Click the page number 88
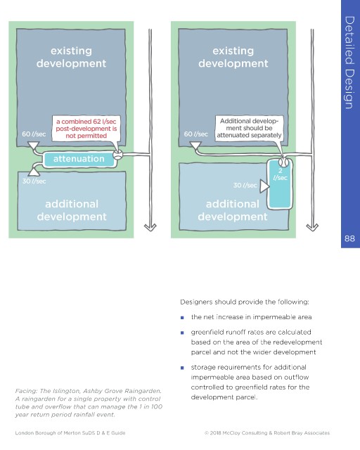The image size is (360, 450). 349,238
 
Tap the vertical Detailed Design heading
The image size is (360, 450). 349,63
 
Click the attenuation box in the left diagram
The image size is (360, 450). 79,159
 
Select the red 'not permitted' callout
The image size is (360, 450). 86,129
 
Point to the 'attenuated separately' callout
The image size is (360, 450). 249,128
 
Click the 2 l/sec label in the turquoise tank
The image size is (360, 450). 280,174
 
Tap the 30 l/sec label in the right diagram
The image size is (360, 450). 245,186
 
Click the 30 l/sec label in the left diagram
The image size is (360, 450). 34,181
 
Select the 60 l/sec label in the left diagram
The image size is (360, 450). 34,134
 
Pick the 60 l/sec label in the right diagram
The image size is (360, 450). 195,134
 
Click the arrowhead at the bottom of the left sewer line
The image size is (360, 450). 150,227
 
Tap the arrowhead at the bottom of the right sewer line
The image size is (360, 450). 312,227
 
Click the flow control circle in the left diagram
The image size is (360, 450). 117,155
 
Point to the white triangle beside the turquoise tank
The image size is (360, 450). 264,186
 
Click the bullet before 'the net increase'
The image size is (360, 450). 182,318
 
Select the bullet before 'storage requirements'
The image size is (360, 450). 182,368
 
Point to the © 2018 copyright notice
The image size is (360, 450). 267,433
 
